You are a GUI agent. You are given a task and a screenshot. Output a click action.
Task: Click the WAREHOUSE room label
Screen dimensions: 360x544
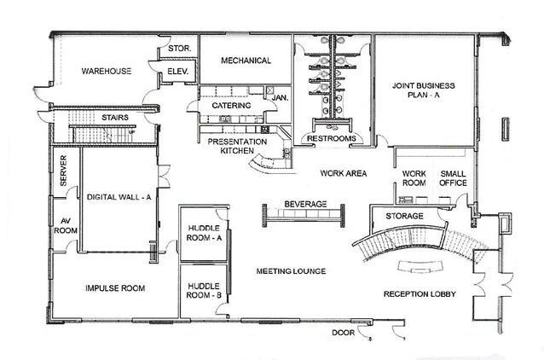(x=107, y=71)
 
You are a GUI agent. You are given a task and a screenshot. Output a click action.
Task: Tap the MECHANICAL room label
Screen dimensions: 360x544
(x=246, y=61)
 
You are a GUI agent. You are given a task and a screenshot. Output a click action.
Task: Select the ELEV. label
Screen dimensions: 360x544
(x=178, y=71)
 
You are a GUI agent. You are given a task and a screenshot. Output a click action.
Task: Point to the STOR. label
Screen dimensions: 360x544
(x=178, y=49)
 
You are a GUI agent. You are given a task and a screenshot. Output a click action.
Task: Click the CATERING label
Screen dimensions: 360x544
(x=231, y=105)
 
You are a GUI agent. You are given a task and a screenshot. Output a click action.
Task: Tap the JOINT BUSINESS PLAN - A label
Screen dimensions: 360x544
(x=423, y=91)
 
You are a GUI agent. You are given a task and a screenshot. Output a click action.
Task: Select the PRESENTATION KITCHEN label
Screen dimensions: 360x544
(x=231, y=146)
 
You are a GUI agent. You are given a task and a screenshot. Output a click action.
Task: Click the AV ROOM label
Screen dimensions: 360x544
(x=66, y=224)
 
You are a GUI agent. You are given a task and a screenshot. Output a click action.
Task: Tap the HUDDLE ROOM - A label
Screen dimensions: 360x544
(x=203, y=233)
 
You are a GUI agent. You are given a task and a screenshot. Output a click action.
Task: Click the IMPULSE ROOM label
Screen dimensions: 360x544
(x=115, y=288)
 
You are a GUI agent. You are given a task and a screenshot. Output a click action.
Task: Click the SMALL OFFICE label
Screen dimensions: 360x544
(x=453, y=178)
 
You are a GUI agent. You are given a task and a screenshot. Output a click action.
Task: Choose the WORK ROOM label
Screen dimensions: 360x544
(x=414, y=178)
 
